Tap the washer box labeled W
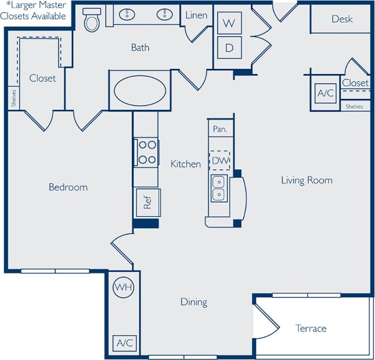tap(229, 23)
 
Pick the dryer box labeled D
tap(229, 47)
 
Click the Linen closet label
tap(196, 15)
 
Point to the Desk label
tap(342, 19)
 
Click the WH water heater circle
tap(123, 287)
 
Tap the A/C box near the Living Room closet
tap(325, 93)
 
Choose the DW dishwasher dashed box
tap(220, 160)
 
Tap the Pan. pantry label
tap(219, 129)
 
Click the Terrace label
tap(311, 328)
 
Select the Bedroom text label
tap(68, 187)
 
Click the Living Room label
tap(306, 180)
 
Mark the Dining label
tap(194, 302)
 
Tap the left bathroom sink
tap(126, 15)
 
